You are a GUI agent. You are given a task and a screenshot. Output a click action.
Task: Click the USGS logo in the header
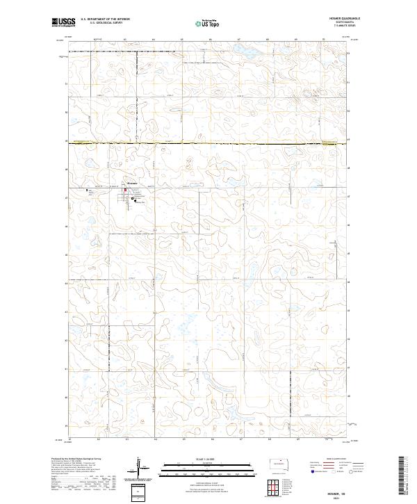coord(63,22)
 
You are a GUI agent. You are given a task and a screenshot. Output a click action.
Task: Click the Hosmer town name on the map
coord(132,183)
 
